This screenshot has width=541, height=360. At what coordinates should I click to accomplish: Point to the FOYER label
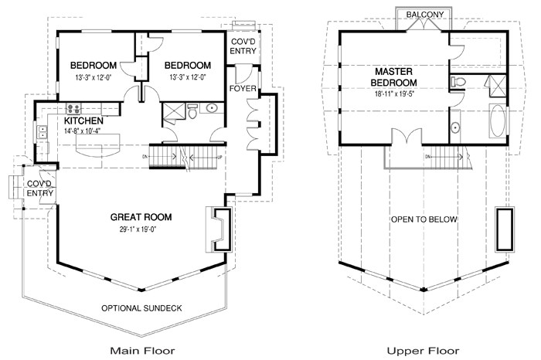[243, 89]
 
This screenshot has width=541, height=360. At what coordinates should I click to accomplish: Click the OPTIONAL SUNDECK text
[141, 308]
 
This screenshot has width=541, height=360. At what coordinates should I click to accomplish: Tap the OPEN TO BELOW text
[424, 219]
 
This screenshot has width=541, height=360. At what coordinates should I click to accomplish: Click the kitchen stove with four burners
[75, 109]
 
